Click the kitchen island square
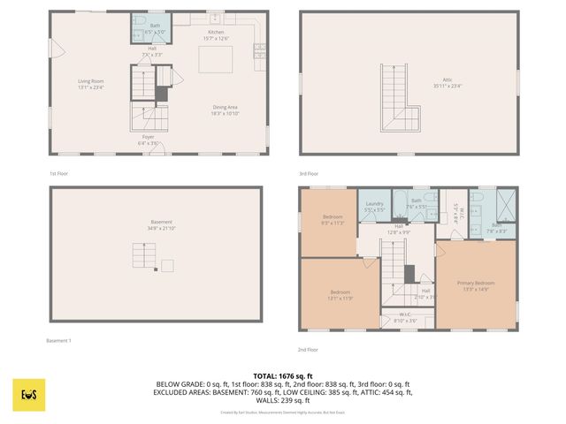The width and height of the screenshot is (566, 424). [x=215, y=60]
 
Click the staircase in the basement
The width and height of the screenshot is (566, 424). [x=144, y=257]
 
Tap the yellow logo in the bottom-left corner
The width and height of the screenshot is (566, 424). [x=29, y=395]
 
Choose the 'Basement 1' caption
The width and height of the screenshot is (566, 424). [x=58, y=341]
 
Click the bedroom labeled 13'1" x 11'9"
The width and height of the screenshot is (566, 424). [x=340, y=294]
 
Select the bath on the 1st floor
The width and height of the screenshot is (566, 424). [x=156, y=28]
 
